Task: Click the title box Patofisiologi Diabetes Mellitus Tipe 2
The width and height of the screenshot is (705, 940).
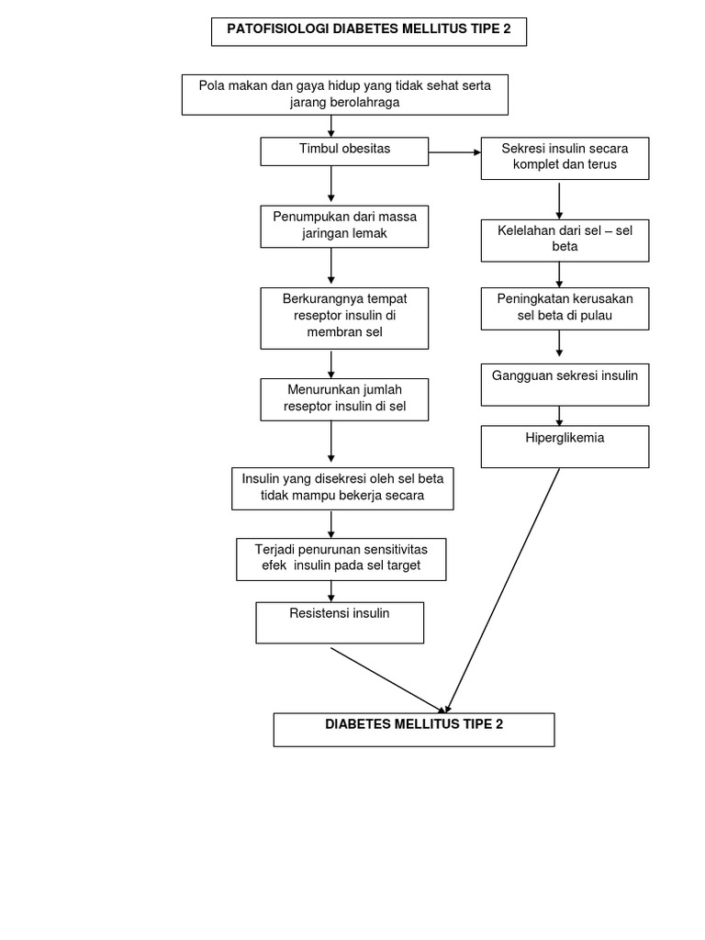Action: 369,30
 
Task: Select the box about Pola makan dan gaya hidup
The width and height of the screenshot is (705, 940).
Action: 344,95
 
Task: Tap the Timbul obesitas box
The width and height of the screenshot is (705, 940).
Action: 344,151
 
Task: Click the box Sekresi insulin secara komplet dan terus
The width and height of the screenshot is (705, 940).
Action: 565,158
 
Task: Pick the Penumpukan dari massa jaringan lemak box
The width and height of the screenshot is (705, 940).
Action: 344,226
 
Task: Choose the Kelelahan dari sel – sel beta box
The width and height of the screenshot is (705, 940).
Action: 565,240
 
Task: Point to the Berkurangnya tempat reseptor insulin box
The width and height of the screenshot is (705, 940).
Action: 344,318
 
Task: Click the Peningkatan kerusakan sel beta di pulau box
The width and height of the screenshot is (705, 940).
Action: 565,308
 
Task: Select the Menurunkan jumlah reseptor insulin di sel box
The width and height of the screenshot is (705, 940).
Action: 344,398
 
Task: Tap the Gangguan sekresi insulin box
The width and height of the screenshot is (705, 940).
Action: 565,384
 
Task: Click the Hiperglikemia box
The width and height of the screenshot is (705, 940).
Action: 565,446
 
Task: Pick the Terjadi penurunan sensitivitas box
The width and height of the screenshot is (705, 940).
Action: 341,558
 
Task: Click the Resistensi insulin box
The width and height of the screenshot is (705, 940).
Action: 340,622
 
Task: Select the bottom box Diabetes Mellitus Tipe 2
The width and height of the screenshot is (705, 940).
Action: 414,729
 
